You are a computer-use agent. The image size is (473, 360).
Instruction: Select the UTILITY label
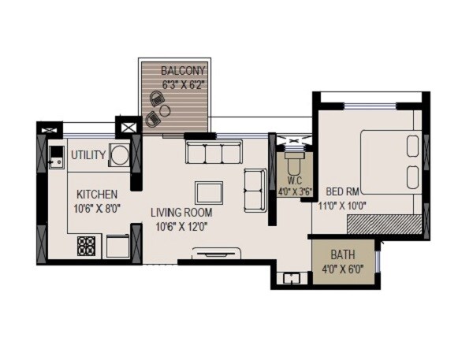88,155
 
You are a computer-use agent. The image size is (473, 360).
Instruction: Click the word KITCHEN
97,195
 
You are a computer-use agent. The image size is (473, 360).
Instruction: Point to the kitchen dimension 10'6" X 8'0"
97,209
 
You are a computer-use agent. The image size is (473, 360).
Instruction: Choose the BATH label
343,255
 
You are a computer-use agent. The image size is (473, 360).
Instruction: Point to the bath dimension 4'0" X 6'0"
343,270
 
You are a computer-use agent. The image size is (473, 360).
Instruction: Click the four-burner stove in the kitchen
86,246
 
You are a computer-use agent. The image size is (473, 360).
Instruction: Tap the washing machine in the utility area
120,155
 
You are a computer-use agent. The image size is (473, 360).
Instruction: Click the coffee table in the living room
209,192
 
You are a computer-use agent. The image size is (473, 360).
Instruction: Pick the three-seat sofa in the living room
214,152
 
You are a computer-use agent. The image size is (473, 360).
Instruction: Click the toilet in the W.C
293,163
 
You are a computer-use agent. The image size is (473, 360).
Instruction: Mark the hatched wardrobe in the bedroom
384,225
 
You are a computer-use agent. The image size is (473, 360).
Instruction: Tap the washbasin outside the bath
292,278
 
